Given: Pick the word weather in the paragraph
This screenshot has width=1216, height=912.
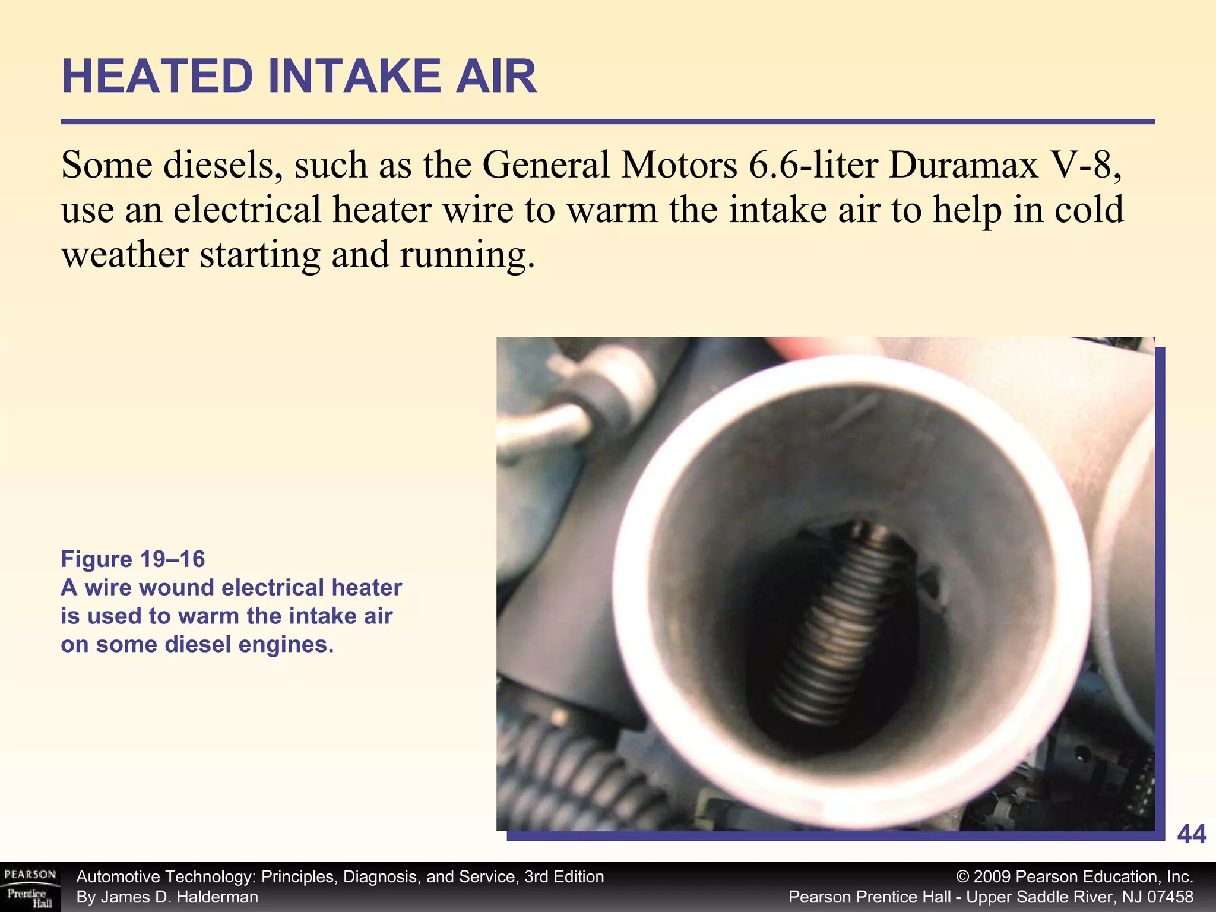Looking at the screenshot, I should pos(125,254).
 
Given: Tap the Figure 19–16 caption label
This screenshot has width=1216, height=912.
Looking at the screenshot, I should pos(133,559).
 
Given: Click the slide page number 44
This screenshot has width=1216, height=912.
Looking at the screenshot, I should pos(1191,834).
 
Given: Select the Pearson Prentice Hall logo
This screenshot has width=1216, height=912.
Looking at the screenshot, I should pos(30,888).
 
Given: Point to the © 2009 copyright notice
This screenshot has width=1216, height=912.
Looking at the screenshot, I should pos(1075,877).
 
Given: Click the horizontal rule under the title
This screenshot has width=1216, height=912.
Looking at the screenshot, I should pos(607,122).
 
